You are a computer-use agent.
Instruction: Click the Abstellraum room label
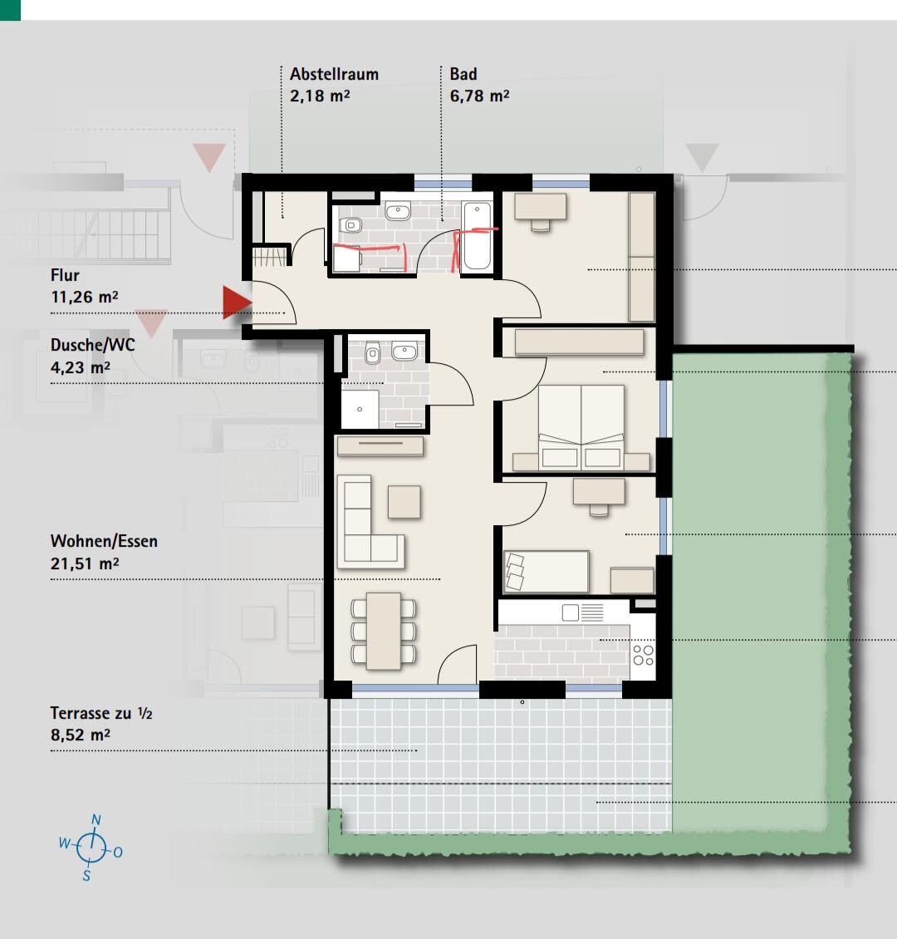pyautogui.click(x=334, y=74)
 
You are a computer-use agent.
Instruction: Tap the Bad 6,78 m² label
pyautogui.click(x=479, y=85)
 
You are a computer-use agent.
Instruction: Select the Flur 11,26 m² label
pyautogui.click(x=85, y=286)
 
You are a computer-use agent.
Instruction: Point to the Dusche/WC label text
pyautogui.click(x=93, y=345)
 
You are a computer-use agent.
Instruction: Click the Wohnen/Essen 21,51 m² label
pyautogui.click(x=104, y=552)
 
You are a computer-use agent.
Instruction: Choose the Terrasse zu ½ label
pyautogui.click(x=101, y=713)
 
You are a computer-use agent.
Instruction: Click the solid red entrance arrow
pyautogui.click(x=237, y=302)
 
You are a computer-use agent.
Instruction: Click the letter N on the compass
pyautogui.click(x=96, y=820)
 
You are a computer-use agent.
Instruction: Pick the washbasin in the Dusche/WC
pyautogui.click(x=404, y=352)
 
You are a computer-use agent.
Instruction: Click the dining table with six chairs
pyautogui.click(x=384, y=631)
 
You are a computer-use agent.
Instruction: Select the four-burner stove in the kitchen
pyautogui.click(x=644, y=655)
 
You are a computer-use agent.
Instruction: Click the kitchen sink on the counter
pyautogui.click(x=571, y=612)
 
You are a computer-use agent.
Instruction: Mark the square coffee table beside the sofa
pyautogui.click(x=404, y=502)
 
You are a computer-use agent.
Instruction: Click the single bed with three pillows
pyautogui.click(x=546, y=572)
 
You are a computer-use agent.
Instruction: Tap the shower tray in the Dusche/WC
pyautogui.click(x=360, y=410)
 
